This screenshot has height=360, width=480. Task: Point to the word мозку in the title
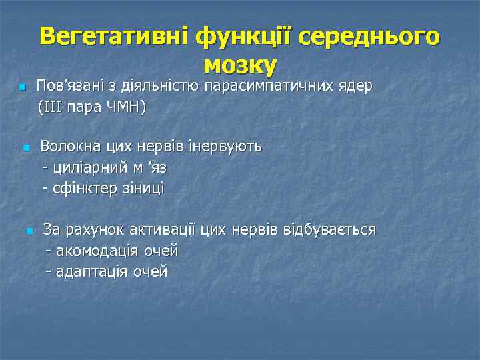[239, 65]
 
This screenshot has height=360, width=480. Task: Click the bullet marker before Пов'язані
[22, 88]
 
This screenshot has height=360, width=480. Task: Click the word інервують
[227, 146]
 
